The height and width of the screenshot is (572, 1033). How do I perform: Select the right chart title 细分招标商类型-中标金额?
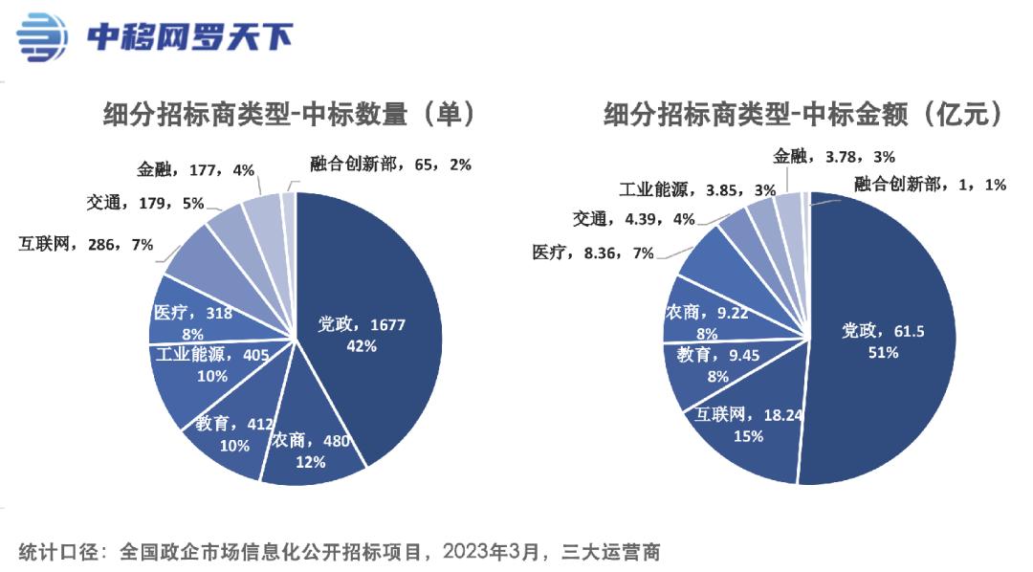803,115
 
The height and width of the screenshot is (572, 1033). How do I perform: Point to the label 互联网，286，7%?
85,244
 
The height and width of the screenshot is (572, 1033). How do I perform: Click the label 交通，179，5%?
144,203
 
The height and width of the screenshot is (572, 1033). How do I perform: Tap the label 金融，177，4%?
195,170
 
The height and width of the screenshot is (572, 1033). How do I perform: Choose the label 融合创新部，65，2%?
391,165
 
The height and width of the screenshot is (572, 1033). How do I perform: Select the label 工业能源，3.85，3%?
697,189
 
